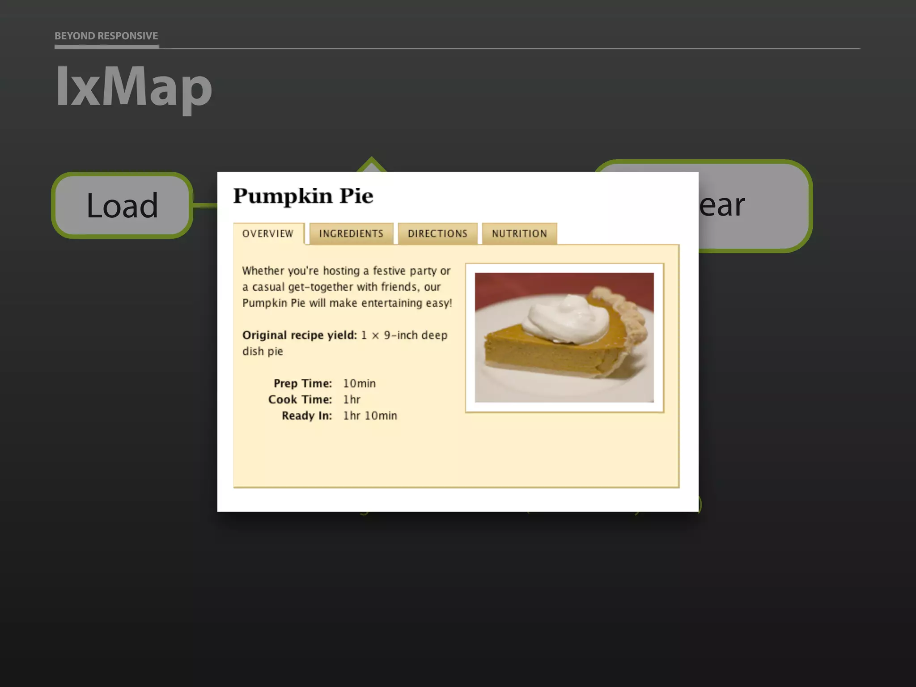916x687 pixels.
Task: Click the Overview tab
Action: tap(268, 233)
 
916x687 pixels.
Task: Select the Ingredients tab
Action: tap(351, 233)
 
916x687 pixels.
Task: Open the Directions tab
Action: tap(437, 233)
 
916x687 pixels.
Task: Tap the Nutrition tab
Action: tap(519, 233)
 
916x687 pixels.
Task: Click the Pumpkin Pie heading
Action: tap(303, 196)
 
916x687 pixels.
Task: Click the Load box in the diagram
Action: tap(122, 205)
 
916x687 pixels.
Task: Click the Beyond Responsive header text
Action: tap(106, 36)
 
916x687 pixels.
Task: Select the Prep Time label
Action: tap(303, 383)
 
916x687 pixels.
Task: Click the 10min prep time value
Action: tap(359, 383)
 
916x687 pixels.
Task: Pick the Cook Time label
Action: tap(300, 399)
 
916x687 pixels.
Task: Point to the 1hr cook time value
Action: tap(352, 399)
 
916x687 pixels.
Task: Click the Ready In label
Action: tap(307, 416)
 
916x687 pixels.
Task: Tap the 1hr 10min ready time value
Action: tap(370, 416)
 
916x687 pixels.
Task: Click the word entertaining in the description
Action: tap(392, 303)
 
